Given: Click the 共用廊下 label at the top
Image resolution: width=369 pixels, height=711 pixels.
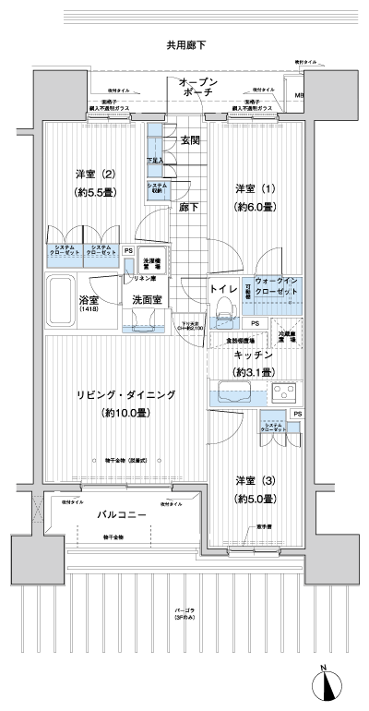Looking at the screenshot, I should tap(185, 43).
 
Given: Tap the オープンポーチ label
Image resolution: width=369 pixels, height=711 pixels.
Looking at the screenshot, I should tap(198, 88).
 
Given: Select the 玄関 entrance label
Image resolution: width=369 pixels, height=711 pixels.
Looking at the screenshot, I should tap(190, 140).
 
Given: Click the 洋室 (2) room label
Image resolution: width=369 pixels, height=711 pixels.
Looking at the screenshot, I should tap(95, 173).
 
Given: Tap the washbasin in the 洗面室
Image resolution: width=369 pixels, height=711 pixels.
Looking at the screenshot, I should tap(143, 319).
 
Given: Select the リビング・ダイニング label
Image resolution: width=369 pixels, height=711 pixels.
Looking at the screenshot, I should tap(126, 394).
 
